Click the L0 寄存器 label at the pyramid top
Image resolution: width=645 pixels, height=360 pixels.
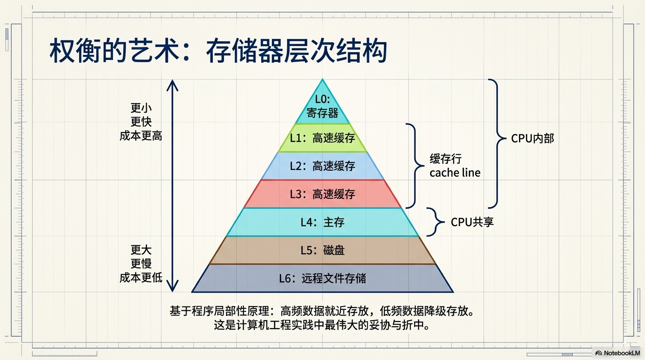pyautogui.click(x=322, y=106)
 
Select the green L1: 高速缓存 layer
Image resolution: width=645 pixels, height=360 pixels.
pyautogui.click(x=322, y=138)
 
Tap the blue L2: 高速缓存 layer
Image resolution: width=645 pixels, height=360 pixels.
pyautogui.click(x=322, y=166)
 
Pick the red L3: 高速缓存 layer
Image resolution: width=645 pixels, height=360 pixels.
pyautogui.click(x=322, y=194)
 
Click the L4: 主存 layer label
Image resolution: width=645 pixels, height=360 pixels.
pyautogui.click(x=322, y=222)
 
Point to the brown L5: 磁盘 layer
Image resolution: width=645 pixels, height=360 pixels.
pyautogui.click(x=322, y=250)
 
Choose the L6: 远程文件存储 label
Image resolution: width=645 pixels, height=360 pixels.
pyautogui.click(x=322, y=278)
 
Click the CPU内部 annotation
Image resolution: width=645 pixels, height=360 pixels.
pyautogui.click(x=532, y=139)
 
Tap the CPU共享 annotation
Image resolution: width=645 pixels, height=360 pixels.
pyautogui.click(x=472, y=222)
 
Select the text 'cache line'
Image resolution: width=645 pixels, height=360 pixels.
pyautogui.click(x=455, y=173)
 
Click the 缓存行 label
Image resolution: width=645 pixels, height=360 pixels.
pyautogui.click(x=445, y=159)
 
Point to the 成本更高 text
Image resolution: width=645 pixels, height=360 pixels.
pyautogui.click(x=141, y=136)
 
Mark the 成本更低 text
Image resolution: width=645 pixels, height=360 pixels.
pyautogui.click(x=141, y=277)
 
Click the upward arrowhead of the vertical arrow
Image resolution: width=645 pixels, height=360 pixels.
pyautogui.click(x=172, y=84)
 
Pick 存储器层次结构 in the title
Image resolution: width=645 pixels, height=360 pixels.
pyautogui.click(x=296, y=52)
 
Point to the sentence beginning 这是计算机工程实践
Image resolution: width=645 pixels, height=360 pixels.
pyautogui.click(x=322, y=325)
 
